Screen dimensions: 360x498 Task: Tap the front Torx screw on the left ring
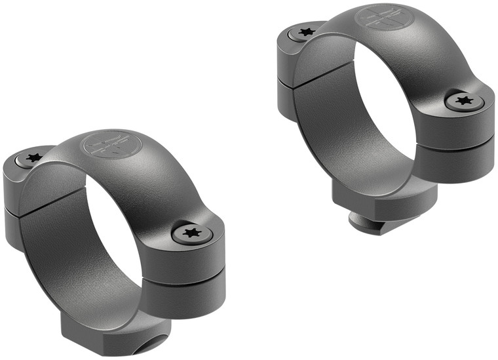pos(190,233)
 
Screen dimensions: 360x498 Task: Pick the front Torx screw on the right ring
pos(465,100)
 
